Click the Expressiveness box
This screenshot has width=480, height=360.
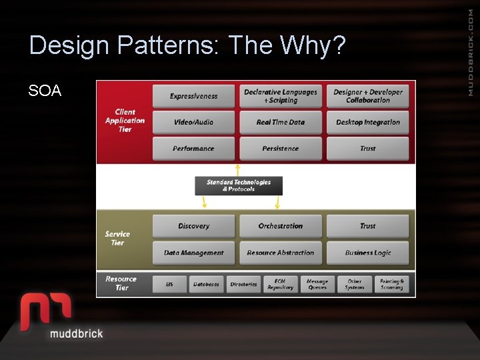pos(194,96)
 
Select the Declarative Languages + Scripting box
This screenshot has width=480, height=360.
pos(281,96)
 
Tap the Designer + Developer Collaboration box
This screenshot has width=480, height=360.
pos(368,96)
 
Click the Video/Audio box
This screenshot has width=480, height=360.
pos(194,123)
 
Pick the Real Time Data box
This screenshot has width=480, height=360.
pos(281,123)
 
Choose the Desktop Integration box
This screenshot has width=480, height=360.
pos(368,123)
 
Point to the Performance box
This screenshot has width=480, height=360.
pos(194,149)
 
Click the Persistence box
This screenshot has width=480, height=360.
pos(281,149)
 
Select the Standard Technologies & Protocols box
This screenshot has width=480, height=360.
pos(239,185)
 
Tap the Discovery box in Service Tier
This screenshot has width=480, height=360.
pos(194,227)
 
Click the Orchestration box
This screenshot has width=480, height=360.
pos(281,227)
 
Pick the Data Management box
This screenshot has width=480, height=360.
pos(194,253)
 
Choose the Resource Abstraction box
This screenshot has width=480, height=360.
pos(281,253)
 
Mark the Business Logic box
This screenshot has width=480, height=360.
pos(368,253)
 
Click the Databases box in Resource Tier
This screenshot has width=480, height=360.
pos(206,285)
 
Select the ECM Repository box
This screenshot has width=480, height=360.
pos(281,285)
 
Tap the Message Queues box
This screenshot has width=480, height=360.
pos(317,285)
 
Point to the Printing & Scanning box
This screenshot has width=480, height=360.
pos(392,285)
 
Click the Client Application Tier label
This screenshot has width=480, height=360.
pos(125,121)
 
